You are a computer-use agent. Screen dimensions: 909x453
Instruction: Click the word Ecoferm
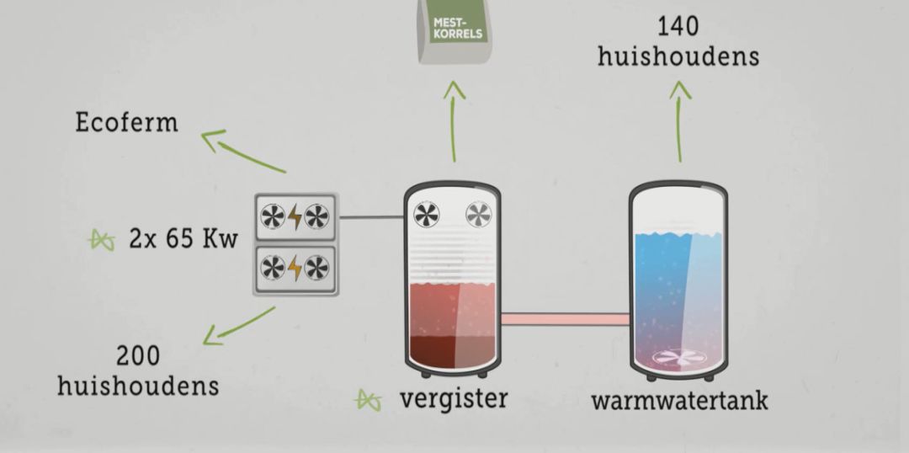126,123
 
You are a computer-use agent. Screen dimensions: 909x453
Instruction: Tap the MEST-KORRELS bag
457,30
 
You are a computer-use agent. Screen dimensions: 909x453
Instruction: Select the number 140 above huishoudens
678,26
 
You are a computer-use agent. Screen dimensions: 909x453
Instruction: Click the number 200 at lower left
138,355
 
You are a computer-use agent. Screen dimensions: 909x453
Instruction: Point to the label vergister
453,397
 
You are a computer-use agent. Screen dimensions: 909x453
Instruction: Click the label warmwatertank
679,400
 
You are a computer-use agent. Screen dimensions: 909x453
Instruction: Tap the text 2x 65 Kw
183,238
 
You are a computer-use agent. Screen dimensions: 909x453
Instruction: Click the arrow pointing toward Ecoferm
242,151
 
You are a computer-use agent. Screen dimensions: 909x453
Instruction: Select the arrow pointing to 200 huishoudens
240,326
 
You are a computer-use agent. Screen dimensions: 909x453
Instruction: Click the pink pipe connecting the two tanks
565,319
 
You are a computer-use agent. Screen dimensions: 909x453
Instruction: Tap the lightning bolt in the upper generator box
295,218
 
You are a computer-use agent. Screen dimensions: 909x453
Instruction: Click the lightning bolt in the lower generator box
295,269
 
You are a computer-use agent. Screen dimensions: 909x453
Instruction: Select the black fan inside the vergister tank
427,214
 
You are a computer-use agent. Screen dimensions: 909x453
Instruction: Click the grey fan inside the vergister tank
480,214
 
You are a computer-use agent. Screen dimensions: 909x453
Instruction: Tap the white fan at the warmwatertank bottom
678,358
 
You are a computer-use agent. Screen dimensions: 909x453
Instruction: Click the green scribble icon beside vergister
369,400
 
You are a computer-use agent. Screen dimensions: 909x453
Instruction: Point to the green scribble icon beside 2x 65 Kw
103,241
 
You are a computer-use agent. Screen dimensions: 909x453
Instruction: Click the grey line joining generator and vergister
371,218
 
